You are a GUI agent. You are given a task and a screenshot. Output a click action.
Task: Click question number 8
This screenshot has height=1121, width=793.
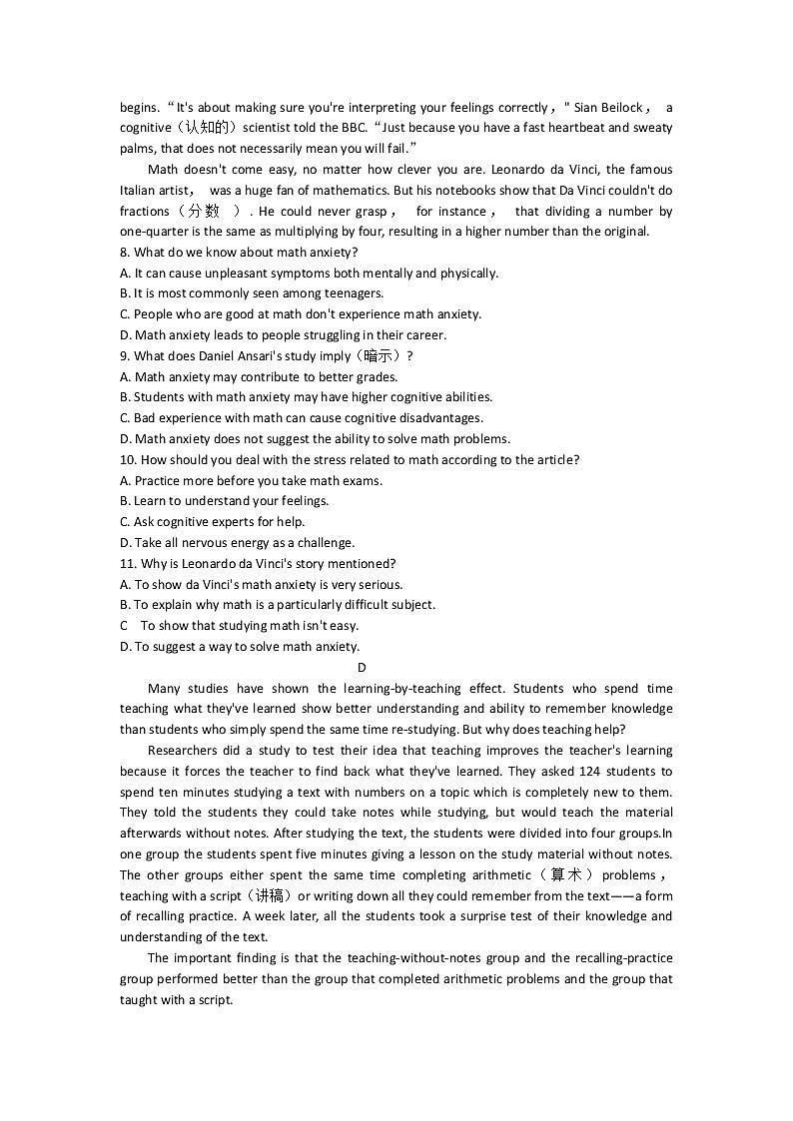(126, 253)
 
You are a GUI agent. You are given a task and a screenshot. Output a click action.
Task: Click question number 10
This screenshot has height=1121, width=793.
(129, 460)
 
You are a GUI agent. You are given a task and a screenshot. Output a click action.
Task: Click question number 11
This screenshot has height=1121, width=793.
(129, 564)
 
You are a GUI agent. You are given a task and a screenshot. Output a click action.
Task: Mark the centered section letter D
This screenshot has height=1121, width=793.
(362, 668)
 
